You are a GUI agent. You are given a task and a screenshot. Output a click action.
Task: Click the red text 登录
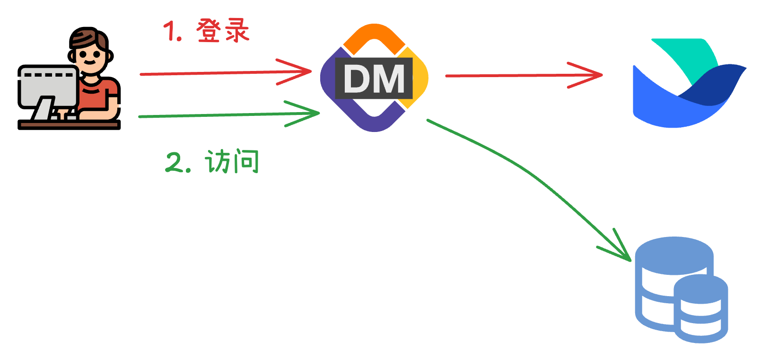[x=222, y=31]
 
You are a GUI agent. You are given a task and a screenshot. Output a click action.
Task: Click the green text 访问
[x=232, y=162]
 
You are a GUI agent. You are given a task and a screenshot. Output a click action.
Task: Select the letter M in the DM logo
[x=389, y=79]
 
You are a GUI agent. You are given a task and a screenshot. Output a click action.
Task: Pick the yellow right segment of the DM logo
[x=418, y=78]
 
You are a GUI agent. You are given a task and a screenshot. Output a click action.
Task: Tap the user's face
[x=89, y=58]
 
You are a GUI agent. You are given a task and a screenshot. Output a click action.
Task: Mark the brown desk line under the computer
[x=69, y=124]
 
